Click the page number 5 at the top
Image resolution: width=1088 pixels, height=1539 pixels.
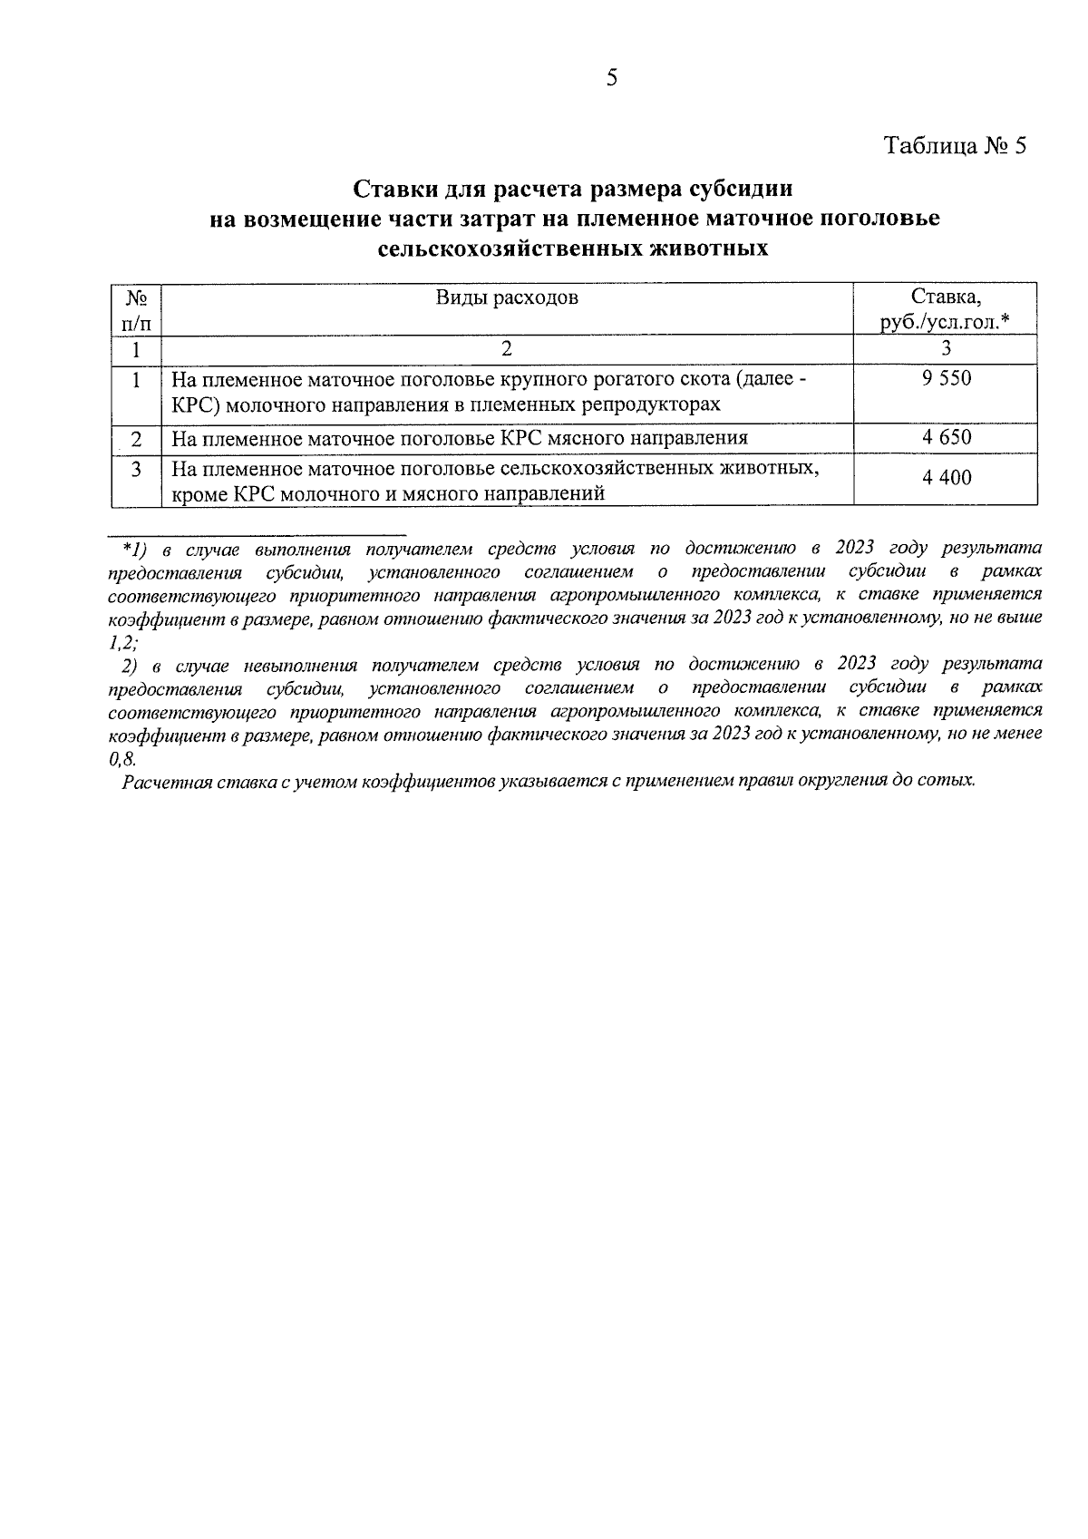pyautogui.click(x=611, y=78)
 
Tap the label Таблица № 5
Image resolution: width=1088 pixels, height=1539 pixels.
pyautogui.click(x=956, y=146)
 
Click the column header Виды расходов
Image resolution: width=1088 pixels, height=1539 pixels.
pyautogui.click(x=507, y=297)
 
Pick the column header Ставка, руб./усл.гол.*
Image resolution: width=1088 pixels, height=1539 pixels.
pyautogui.click(x=946, y=309)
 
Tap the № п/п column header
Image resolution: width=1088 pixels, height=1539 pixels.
pyautogui.click(x=136, y=309)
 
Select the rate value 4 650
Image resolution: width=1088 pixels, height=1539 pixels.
pyautogui.click(x=947, y=438)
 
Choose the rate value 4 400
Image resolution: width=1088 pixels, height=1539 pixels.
pyautogui.click(x=947, y=477)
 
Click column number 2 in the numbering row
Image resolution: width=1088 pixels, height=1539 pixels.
pyautogui.click(x=507, y=348)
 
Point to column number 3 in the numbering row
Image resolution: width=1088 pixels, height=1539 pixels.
pyautogui.click(x=946, y=348)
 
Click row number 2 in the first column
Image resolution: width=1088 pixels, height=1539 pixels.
pyautogui.click(x=136, y=439)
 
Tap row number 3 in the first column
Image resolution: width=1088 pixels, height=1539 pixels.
pyautogui.click(x=136, y=469)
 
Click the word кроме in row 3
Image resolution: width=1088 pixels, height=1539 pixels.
pyautogui.click(x=199, y=494)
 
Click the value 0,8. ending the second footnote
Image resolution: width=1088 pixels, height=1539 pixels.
pyautogui.click(x=121, y=759)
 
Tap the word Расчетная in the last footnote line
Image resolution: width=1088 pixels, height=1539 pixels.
pyautogui.click(x=166, y=781)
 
